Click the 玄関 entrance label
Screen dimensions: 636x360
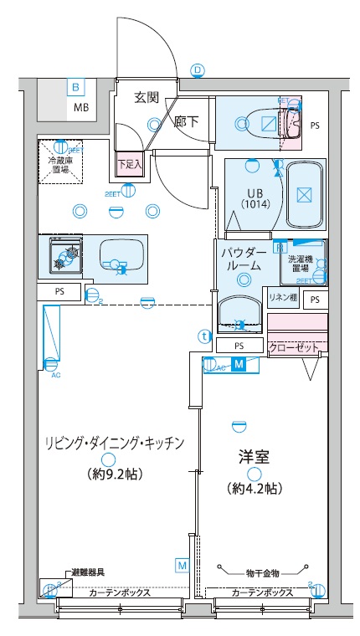tap(147, 97)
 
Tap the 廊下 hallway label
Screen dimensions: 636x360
tap(186, 121)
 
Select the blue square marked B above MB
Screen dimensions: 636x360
tap(75, 87)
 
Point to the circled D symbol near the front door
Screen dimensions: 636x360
tap(198, 69)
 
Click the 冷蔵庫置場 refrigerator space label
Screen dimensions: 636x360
tap(59, 162)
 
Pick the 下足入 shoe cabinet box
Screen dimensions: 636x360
tap(130, 164)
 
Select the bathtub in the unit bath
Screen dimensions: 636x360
tap(303, 195)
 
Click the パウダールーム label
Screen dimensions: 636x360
tap(244, 259)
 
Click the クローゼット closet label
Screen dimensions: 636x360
tap(295, 346)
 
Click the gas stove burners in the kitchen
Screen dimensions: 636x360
tap(65, 256)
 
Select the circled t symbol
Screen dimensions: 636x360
tap(203, 336)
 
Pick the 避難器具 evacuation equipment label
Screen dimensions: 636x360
tap(88, 573)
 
